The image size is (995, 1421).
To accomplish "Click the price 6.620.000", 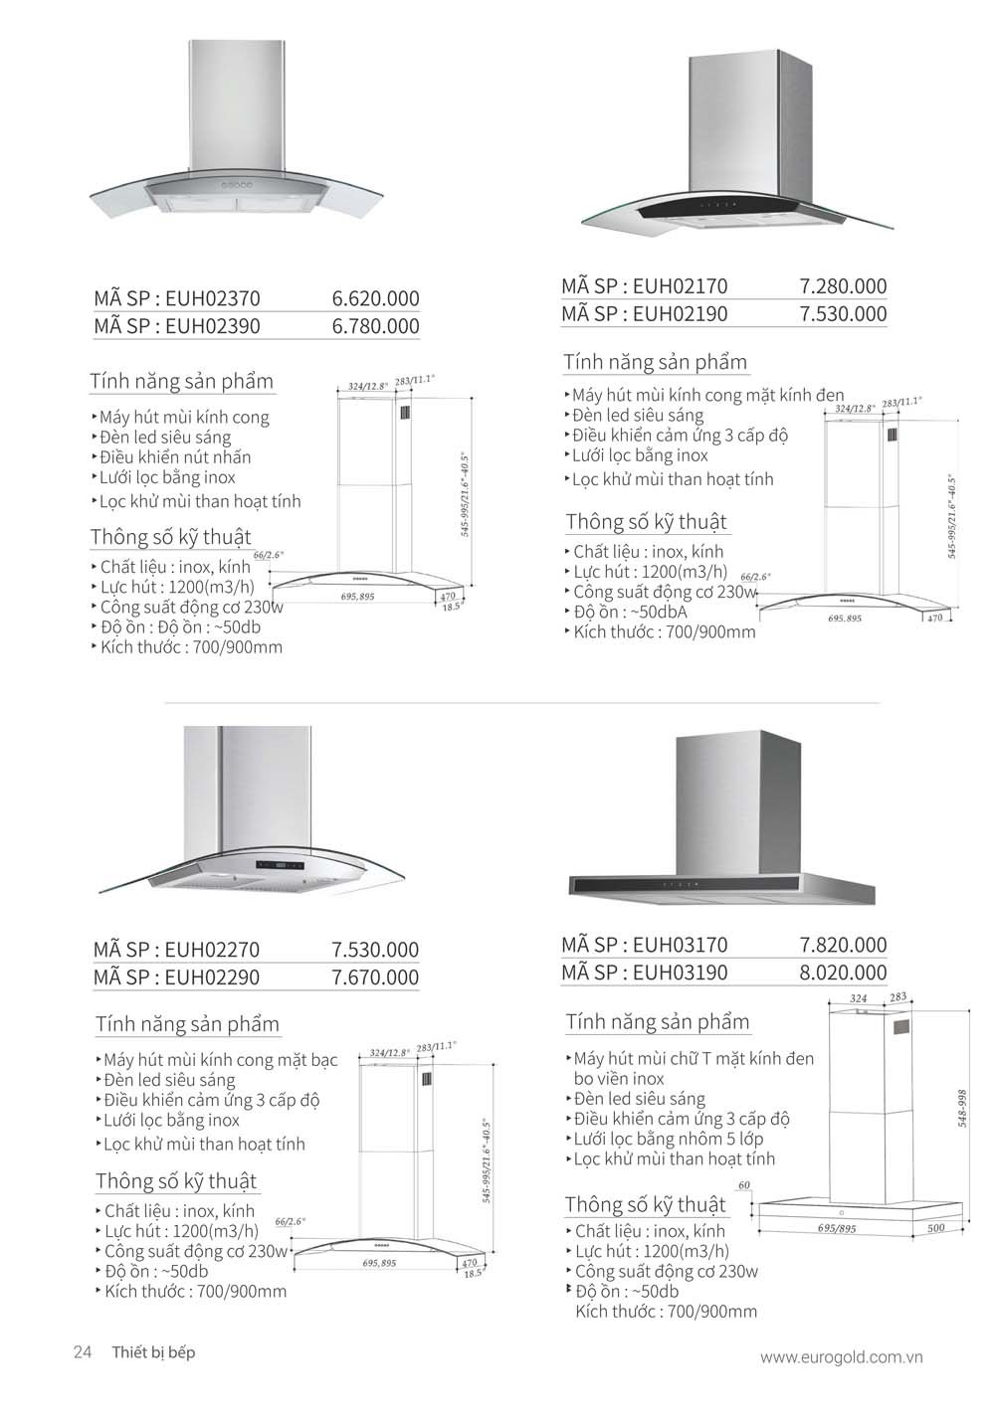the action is [x=375, y=298].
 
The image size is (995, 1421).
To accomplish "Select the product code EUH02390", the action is [x=212, y=326].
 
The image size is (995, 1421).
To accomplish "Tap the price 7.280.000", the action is [x=843, y=286].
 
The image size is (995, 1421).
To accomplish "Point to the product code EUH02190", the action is [x=680, y=314].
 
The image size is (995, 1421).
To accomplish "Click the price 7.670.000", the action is [x=375, y=977].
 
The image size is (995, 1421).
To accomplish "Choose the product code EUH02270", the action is [x=212, y=950].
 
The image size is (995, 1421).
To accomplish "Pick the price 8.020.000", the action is [x=843, y=973].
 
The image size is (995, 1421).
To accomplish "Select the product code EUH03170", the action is [x=680, y=945].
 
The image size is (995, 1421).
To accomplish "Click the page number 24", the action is [x=83, y=1352].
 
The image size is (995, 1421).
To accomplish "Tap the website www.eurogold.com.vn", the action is [x=842, y=1357].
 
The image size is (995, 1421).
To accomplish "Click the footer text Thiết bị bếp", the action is [x=153, y=1352].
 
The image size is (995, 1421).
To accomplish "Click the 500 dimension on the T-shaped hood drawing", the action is [x=935, y=1229].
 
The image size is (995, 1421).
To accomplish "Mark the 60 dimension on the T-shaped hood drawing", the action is [x=744, y=1185].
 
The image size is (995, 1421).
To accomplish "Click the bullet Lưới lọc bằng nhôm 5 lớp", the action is [x=669, y=1139].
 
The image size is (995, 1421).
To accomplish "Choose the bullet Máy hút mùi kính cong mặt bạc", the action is [x=220, y=1060].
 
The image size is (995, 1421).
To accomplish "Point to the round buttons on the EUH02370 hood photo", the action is [x=239, y=185].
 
